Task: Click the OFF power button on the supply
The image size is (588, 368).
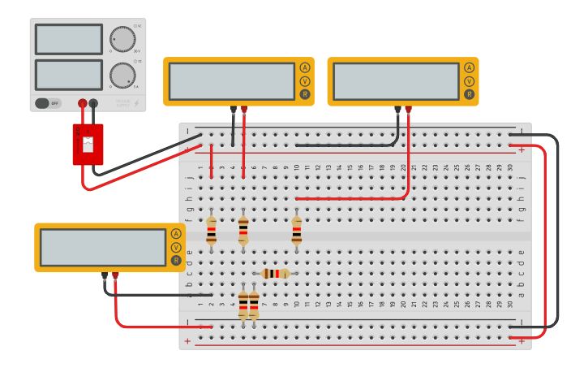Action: (x=48, y=103)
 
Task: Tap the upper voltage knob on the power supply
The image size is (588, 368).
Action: (x=122, y=39)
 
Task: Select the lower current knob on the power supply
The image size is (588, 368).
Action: (x=122, y=75)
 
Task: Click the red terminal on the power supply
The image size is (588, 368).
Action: (x=82, y=103)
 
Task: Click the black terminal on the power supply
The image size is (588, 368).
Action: (x=93, y=103)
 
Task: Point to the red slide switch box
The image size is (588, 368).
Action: (x=88, y=144)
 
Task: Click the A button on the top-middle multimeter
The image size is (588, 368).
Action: (x=305, y=67)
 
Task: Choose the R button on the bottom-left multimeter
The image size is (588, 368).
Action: (x=176, y=260)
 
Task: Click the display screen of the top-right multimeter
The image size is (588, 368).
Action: (x=396, y=81)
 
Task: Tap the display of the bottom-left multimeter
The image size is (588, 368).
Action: (x=103, y=247)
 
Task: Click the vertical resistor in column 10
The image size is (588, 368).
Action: (x=297, y=229)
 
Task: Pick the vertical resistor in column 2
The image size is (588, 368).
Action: (x=211, y=229)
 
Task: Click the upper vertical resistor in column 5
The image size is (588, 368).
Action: (x=243, y=229)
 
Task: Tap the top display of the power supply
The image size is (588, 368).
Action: (x=69, y=39)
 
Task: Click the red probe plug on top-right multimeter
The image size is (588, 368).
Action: (x=408, y=110)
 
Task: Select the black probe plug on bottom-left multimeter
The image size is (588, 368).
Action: (x=105, y=277)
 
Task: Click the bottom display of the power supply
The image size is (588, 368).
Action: (x=69, y=75)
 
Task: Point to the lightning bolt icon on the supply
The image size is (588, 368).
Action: (x=135, y=103)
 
